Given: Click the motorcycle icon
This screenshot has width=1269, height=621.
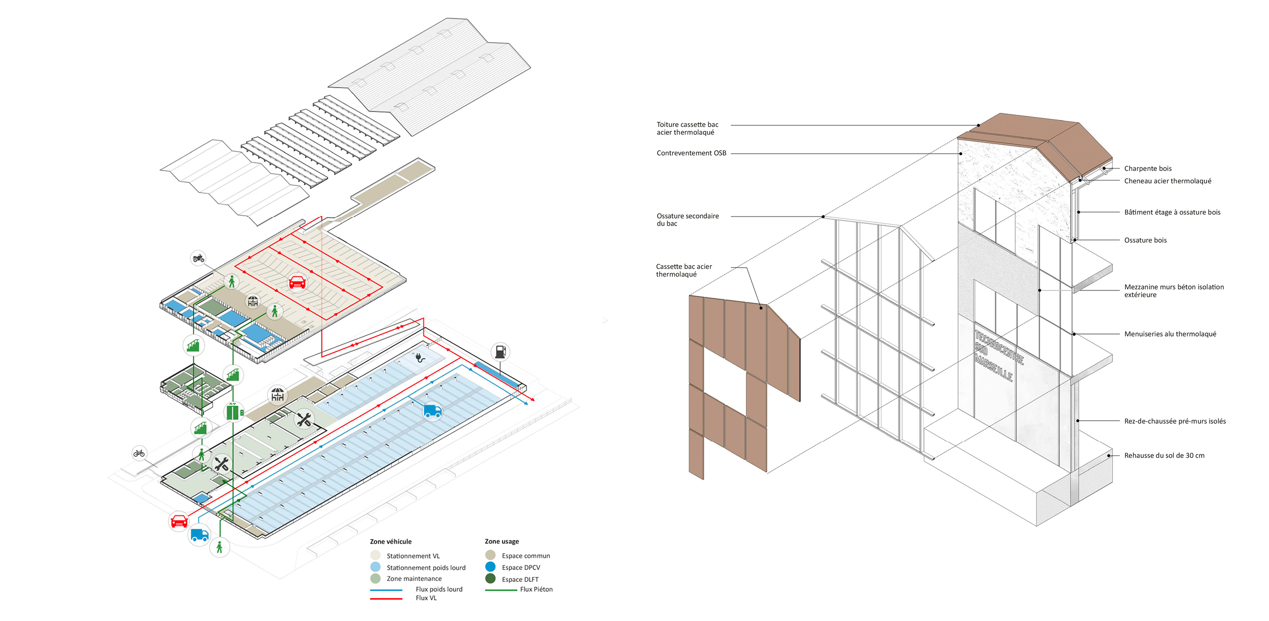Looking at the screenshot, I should point(198,258).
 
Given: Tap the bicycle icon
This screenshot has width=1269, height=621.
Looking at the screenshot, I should point(139,453).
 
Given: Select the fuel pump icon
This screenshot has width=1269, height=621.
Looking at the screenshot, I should point(501,352).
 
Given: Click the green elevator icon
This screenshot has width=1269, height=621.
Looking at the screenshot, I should point(232,412).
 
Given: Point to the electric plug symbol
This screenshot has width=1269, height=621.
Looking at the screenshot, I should point(420,357).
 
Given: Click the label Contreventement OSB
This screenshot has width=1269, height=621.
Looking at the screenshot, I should point(691,153).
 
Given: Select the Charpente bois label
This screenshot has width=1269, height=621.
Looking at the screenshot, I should point(1148,169).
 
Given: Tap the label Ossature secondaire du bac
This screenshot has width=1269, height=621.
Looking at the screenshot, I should point(687,220).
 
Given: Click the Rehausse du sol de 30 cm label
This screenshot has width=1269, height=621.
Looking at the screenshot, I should point(1164,455).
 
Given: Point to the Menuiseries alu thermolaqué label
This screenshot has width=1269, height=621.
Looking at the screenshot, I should point(1170,334).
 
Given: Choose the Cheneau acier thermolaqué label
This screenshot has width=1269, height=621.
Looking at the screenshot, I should point(1167,181).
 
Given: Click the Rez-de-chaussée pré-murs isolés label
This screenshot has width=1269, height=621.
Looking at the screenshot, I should point(1175,421).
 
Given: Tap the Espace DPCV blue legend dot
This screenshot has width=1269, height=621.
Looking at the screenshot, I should point(490,567).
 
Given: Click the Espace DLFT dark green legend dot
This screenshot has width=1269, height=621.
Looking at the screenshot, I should point(490,578).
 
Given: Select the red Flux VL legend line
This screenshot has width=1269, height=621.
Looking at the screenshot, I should point(386,599).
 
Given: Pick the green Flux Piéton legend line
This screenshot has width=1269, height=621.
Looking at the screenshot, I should point(501,590).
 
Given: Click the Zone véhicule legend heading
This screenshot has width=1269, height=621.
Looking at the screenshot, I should point(391,542).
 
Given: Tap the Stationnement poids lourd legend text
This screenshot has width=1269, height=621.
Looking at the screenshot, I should point(426,568).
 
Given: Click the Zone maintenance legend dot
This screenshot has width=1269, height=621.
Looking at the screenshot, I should point(375,578).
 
